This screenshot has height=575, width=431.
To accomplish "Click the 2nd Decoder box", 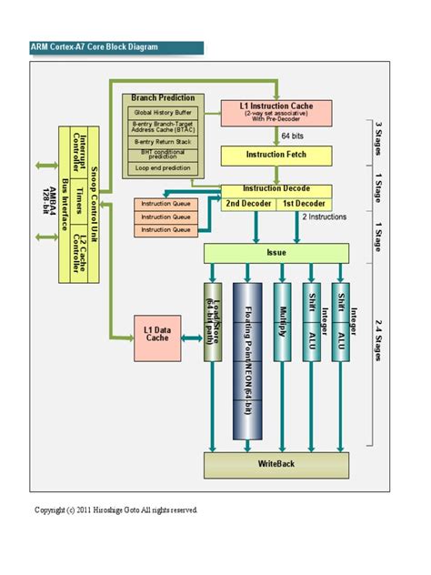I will [x=248, y=203].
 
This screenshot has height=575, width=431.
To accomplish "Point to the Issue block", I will [x=276, y=252].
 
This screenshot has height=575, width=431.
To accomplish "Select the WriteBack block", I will [x=276, y=464].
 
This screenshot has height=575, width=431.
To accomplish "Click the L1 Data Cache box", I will [x=157, y=333].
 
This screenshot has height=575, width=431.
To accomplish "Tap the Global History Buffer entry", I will [x=165, y=112].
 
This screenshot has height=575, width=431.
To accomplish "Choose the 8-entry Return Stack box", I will [x=165, y=142].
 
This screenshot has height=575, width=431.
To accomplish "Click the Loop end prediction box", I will [x=165, y=168].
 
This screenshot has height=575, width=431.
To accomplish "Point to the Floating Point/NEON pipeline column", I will [x=247, y=359].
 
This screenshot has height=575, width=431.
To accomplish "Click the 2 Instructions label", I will [x=323, y=218].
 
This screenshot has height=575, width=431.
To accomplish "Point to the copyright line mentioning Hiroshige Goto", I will [x=115, y=509].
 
